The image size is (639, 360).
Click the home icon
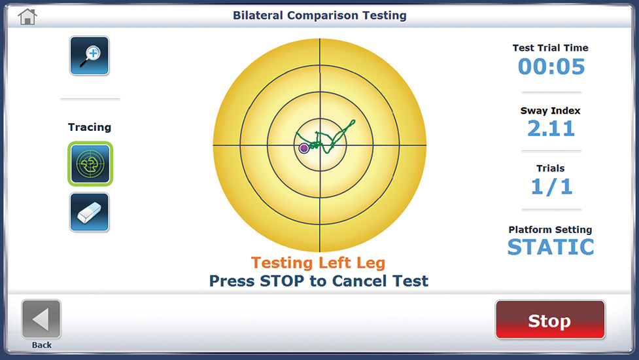tap(27, 17)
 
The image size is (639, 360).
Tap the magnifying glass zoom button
tap(89, 56)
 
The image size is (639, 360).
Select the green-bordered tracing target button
tap(90, 164)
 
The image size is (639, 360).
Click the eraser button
tap(89, 213)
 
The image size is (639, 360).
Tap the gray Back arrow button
tap(41, 319)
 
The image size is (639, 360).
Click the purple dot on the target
tap(303, 148)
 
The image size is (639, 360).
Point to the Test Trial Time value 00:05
tap(551, 67)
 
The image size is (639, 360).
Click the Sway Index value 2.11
tap(551, 128)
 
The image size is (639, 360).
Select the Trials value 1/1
tap(551, 187)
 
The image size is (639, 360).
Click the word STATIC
tap(551, 247)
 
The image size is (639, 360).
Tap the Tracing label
tap(90, 127)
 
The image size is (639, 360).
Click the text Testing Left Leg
tap(319, 263)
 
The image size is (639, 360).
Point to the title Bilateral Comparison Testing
tap(319, 16)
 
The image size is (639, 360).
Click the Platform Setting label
tap(550, 230)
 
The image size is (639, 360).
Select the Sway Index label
tap(550, 111)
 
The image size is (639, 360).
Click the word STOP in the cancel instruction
tap(282, 281)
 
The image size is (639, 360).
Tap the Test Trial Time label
tap(550, 48)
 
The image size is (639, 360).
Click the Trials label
tap(551, 168)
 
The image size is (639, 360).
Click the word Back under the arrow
tap(42, 345)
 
